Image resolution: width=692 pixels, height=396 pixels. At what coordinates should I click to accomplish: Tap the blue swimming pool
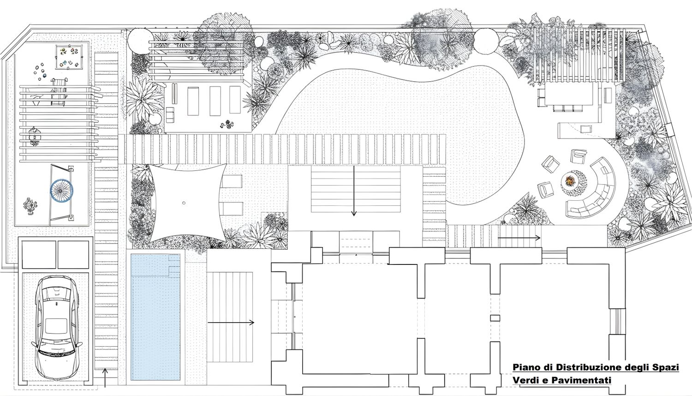pos(155,317)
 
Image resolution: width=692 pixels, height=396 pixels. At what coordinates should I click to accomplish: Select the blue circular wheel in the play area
pos(62,190)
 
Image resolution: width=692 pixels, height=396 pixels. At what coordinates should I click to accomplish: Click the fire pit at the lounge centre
pos(570,180)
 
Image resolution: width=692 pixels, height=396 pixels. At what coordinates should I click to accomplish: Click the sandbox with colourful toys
pos(69,57)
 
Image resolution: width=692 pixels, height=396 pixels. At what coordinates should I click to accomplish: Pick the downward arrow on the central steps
pos(354,191)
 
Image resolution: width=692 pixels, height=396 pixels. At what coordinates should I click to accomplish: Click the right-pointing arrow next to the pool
pos(231,323)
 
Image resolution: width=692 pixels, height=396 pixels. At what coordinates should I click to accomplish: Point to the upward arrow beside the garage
pos(105,378)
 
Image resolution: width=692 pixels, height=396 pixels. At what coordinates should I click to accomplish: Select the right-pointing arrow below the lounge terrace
pos(519,238)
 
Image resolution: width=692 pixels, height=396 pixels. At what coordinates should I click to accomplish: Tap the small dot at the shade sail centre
pos(184,203)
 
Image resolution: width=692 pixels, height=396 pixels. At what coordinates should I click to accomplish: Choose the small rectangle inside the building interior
pos(495,318)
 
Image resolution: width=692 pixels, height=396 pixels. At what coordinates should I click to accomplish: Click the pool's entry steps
pos(174,264)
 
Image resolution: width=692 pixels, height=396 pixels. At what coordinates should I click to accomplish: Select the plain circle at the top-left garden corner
pos(140,41)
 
